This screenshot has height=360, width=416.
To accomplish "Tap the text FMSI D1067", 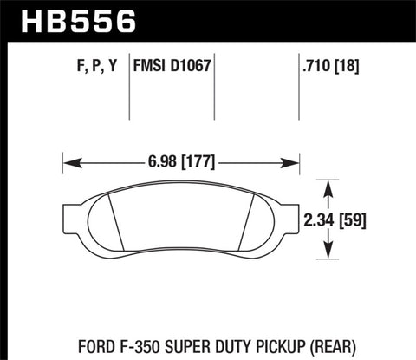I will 172,63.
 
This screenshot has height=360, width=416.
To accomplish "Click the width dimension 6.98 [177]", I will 180,161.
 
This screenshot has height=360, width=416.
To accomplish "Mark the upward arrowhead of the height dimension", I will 328,187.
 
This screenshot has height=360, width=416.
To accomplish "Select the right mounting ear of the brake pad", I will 289,214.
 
